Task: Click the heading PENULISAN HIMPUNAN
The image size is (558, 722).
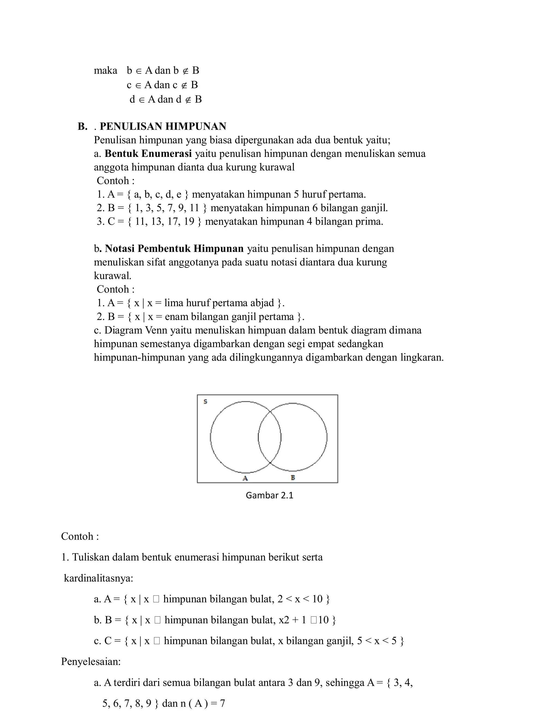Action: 163,126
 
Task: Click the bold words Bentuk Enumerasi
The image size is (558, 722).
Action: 148,154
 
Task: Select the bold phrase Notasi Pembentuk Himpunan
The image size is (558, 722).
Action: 174,248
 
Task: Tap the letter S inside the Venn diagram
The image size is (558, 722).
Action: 205,402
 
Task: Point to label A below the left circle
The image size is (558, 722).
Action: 245,478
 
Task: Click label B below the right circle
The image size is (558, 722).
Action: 293,477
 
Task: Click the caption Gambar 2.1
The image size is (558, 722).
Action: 269,495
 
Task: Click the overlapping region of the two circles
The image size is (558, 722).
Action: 269,437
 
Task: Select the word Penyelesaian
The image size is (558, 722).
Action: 90,662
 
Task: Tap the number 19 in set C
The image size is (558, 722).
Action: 189,222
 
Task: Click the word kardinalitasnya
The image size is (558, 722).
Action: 98,578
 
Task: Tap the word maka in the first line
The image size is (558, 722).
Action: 105,70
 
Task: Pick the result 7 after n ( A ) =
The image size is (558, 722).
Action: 222,703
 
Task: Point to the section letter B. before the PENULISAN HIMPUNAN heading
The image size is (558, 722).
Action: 82,126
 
